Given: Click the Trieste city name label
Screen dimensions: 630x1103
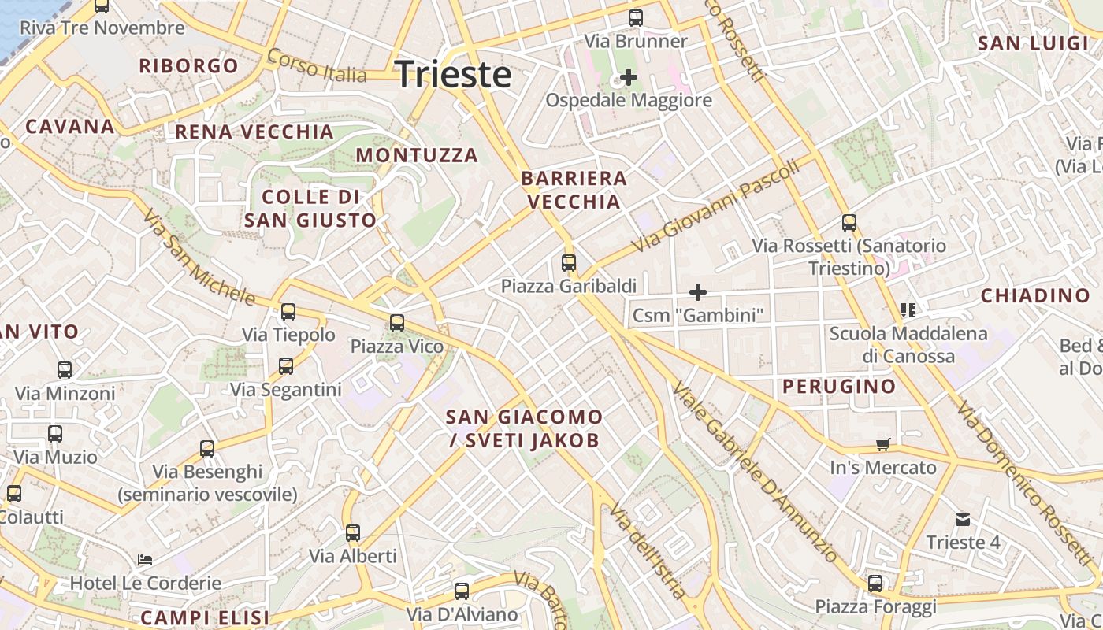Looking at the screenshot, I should point(453,75).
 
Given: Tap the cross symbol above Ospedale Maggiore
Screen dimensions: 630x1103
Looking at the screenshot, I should point(629,77).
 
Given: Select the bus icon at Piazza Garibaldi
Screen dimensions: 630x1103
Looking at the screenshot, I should point(569,263).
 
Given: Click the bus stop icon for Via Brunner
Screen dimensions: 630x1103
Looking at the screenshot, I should point(636,18).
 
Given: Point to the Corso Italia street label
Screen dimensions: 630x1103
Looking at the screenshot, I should point(317,66).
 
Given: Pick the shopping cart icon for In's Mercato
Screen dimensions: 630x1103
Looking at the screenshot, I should point(883,445).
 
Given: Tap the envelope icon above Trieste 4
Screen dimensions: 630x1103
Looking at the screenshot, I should point(963,520).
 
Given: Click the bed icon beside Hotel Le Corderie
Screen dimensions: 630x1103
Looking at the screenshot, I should point(145,560).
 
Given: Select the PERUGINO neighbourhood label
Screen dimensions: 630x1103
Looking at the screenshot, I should point(839,386).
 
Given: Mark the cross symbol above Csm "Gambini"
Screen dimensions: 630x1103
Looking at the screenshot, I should point(697,292).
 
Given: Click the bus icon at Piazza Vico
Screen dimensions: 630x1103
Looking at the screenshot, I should point(397,323).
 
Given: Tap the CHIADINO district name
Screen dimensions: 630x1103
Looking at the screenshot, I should point(1034,296).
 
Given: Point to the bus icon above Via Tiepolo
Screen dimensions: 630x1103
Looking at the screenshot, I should point(288,312).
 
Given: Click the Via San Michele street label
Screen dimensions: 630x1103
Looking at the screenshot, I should point(199,257).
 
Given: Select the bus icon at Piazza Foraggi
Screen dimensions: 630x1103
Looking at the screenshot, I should point(875,584).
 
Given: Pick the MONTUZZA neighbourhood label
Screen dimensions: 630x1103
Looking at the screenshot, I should point(417,155).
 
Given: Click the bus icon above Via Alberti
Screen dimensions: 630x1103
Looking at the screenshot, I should point(353,533).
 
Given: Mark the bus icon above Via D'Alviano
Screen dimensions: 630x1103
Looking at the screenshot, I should point(462,591).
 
